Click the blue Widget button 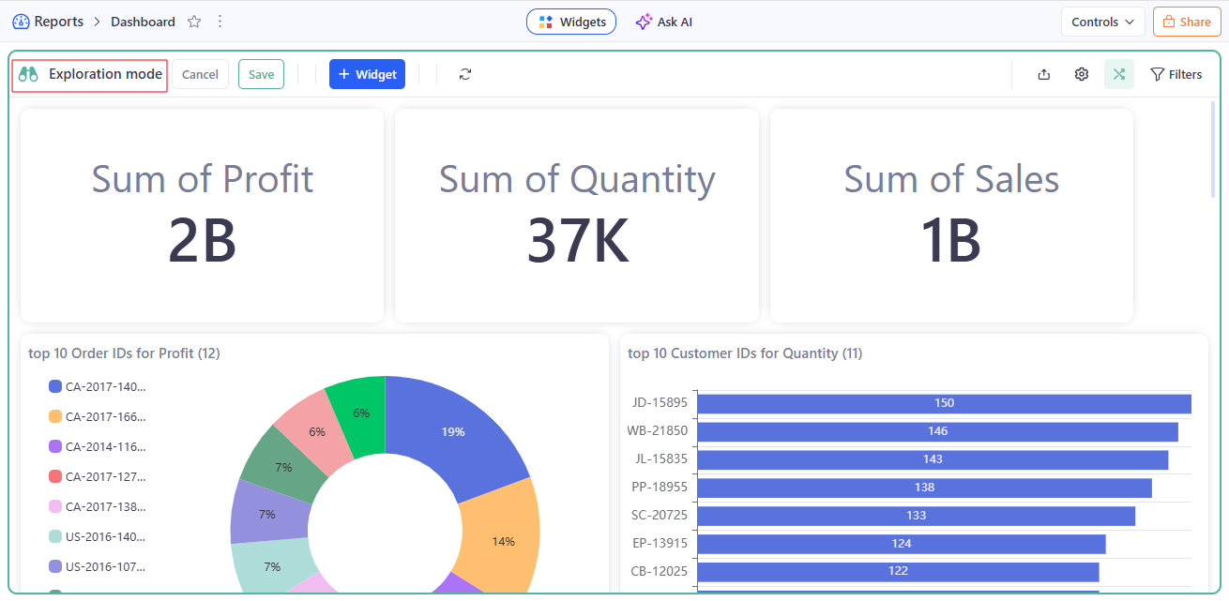pyautogui.click(x=367, y=74)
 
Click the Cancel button pyautogui.click(x=200, y=74)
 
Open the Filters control pyautogui.click(x=1176, y=74)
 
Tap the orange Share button pyautogui.click(x=1187, y=22)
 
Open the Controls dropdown pyautogui.click(x=1102, y=22)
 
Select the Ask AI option pyautogui.click(x=664, y=22)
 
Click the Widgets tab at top pyautogui.click(x=571, y=22)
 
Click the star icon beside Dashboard pyautogui.click(x=194, y=22)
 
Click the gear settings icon pyautogui.click(x=1082, y=74)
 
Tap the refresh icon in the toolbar pyautogui.click(x=465, y=74)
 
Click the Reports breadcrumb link pyautogui.click(x=58, y=22)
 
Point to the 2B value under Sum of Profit pyautogui.click(x=202, y=240)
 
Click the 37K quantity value pyautogui.click(x=577, y=240)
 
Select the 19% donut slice pyautogui.click(x=454, y=431)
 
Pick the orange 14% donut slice pyautogui.click(x=504, y=541)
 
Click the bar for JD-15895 pyautogui.click(x=944, y=403)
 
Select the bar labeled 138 pyautogui.click(x=924, y=488)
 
